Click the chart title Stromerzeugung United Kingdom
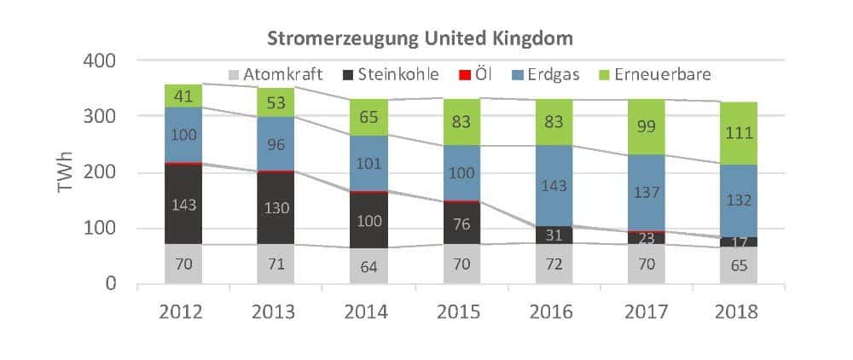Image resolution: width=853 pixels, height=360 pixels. pos(419,38)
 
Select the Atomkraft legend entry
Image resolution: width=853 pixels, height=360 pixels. pos(273,74)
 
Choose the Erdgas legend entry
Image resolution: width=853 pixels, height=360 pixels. pos(543,74)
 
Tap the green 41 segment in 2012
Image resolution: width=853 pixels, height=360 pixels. pos(183,96)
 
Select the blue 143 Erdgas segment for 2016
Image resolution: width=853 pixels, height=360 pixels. pos(554,185)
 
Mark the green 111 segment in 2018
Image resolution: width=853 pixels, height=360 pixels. pos(738,134)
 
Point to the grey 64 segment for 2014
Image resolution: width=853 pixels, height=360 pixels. pos(368,265)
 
